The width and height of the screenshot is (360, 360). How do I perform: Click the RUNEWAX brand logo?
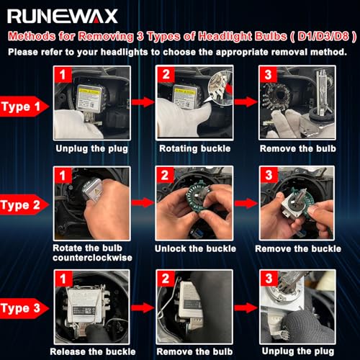pos(63,17)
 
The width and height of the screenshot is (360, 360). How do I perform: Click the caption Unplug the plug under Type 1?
pos(92,149)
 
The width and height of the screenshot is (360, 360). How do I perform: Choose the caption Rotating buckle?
pos(195,149)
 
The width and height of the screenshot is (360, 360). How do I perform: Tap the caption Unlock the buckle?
pos(195,248)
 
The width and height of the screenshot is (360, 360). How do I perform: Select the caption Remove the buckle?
pos(298,248)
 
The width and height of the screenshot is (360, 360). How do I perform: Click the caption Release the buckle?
pos(93,352)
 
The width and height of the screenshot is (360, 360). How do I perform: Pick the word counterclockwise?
pos(92,258)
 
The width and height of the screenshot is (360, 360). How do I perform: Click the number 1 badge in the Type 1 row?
pos(63,75)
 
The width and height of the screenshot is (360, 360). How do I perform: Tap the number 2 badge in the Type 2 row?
pos(165,175)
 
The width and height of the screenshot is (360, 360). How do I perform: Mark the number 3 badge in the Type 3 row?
pos(269,279)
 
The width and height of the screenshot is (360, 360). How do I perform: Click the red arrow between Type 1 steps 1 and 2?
pos(143,102)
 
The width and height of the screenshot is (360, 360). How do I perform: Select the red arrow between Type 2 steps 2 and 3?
pos(246,203)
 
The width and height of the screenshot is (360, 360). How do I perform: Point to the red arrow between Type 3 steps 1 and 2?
pos(143,307)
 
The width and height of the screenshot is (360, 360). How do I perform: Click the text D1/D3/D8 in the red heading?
pos(323,37)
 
